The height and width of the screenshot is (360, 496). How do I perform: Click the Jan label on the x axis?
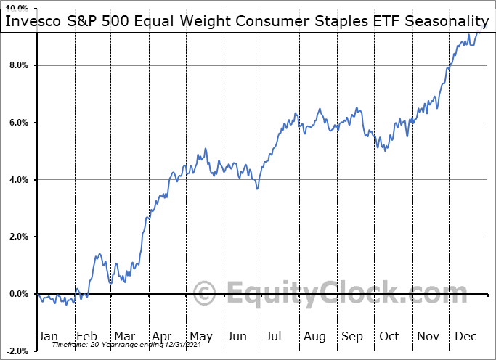pos(48,336)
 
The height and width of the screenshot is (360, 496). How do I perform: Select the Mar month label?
pos(123,336)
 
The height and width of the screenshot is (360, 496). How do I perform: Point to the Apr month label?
pos(161,336)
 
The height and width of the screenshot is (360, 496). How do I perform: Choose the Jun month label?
pos(237,336)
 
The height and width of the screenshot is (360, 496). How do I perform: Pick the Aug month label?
pos(314,336)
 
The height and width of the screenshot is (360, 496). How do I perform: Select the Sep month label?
pos(352,336)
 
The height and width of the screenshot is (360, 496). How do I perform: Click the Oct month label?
pos(390,336)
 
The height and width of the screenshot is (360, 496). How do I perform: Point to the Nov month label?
pos(428,336)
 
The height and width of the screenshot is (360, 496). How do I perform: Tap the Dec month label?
pos(465,336)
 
